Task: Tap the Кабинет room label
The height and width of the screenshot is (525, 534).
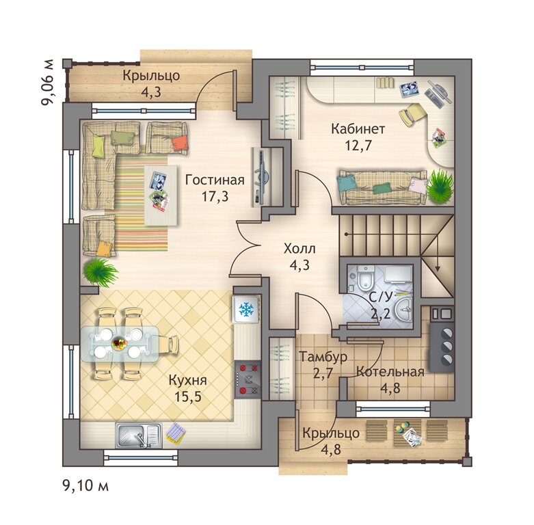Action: tap(358, 129)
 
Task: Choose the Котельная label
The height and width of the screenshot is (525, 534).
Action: tap(390, 372)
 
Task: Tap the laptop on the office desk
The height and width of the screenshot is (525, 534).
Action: tap(438, 92)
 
